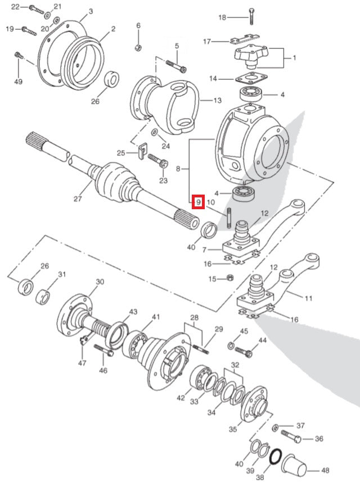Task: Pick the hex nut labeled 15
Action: tap(230, 278)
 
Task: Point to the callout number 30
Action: tap(100, 282)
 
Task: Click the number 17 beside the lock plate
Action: tap(207, 41)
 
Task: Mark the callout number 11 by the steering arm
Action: tap(308, 299)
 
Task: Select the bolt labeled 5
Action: tap(175, 66)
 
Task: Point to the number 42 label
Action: tap(180, 398)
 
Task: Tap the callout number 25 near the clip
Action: tap(120, 153)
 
